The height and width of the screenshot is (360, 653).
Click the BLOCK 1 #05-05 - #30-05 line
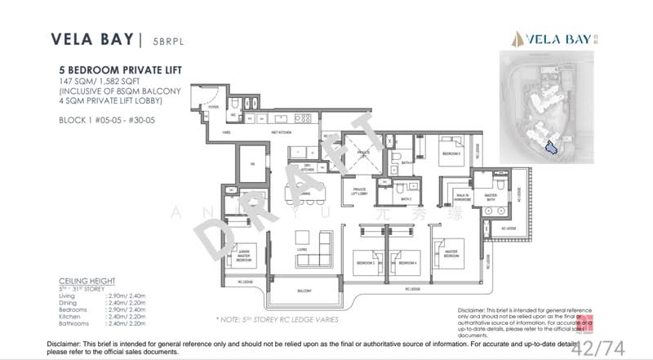(x=112, y=118)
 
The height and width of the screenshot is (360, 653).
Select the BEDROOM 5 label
(x=452, y=153)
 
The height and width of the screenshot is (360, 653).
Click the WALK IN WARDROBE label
(x=461, y=198)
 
